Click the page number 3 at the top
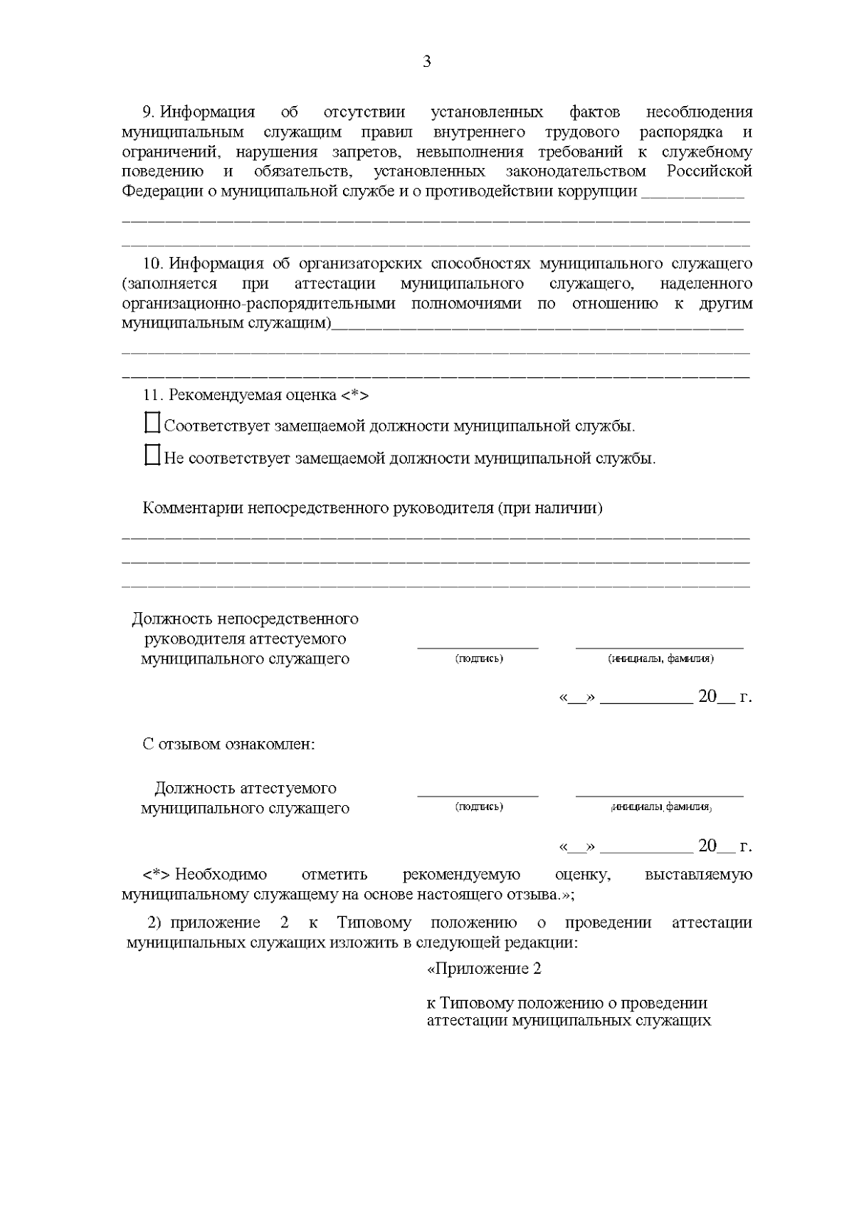(x=427, y=62)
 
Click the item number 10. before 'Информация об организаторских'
(x=153, y=264)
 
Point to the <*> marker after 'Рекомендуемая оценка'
(x=354, y=395)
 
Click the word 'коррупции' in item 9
(x=603, y=191)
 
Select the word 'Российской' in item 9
(x=709, y=172)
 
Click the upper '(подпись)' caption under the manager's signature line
(x=478, y=658)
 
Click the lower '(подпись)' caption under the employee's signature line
(x=478, y=807)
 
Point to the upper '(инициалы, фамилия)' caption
(x=660, y=658)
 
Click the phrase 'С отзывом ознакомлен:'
(x=228, y=745)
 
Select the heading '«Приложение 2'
(x=484, y=969)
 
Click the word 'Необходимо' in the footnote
(x=221, y=874)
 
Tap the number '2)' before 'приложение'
(x=155, y=923)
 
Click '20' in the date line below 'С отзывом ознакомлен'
(x=707, y=846)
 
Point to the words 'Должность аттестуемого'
(x=246, y=788)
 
